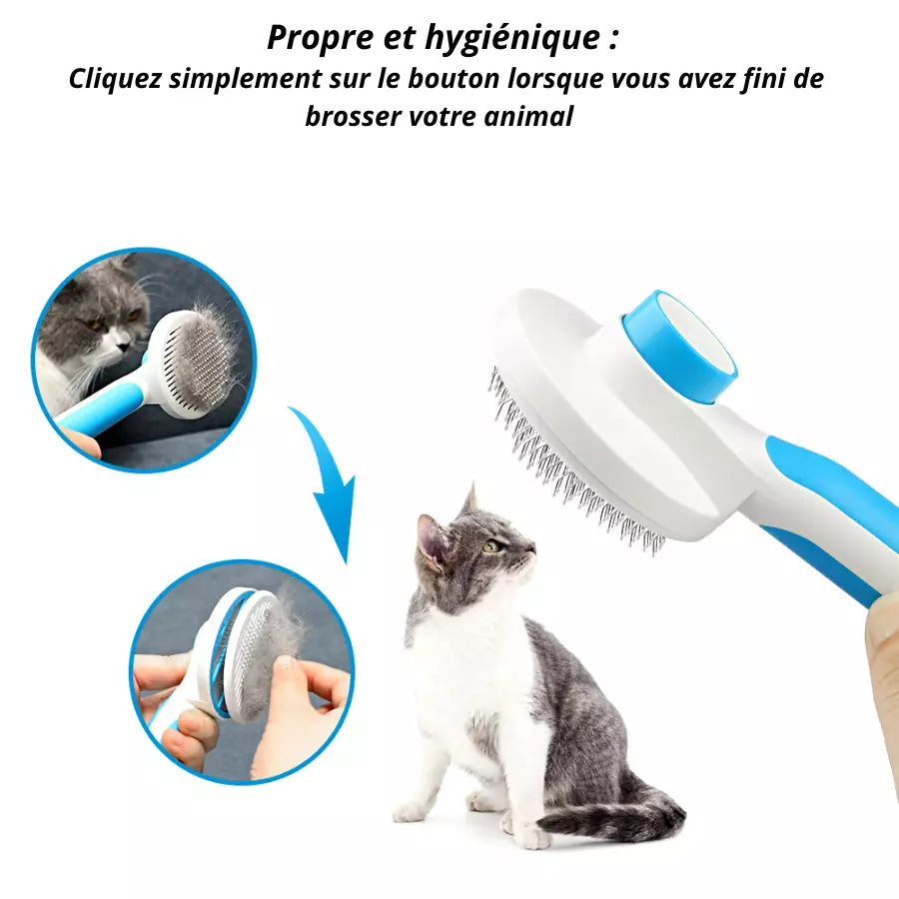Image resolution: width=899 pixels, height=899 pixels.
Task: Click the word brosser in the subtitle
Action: tap(353, 116)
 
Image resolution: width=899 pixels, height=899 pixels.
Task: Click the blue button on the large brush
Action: tap(678, 345)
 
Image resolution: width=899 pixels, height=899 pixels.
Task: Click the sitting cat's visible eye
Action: tap(491, 545)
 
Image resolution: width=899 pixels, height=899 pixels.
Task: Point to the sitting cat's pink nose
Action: tap(531, 549)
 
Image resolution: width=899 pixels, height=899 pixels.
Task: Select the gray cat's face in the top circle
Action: tap(100, 320)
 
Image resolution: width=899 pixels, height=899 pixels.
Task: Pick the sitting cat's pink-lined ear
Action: tap(435, 539)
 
